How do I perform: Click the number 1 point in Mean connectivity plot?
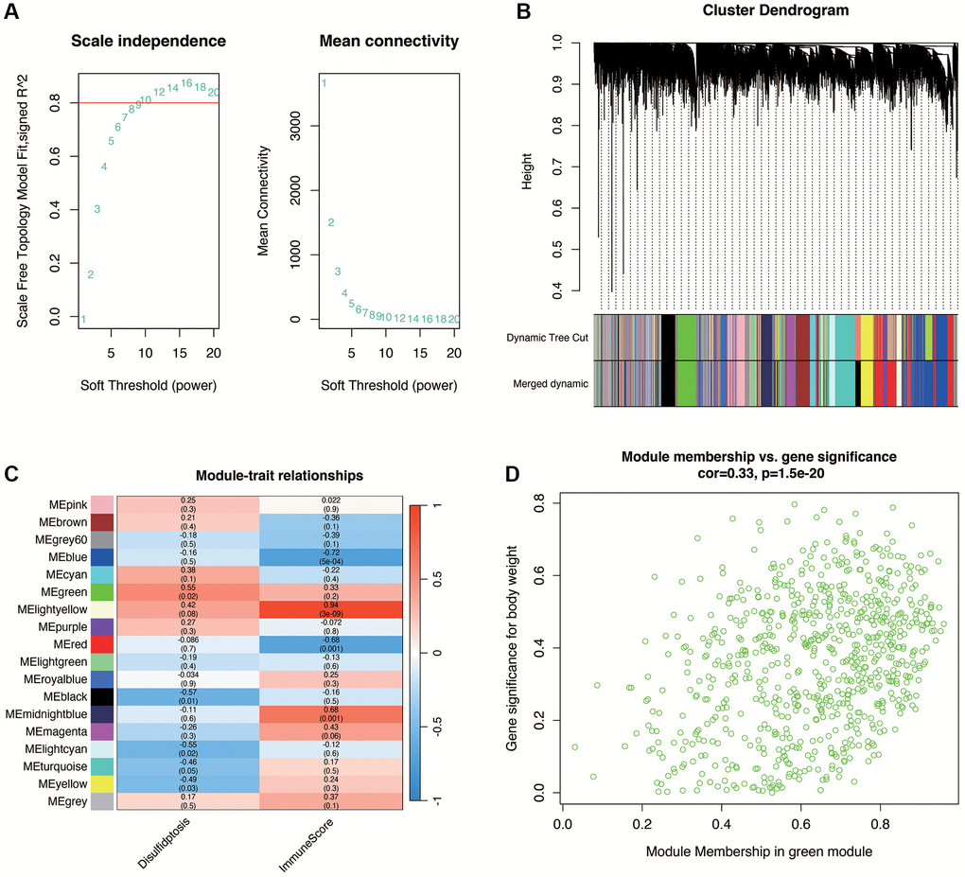pos(324,83)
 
